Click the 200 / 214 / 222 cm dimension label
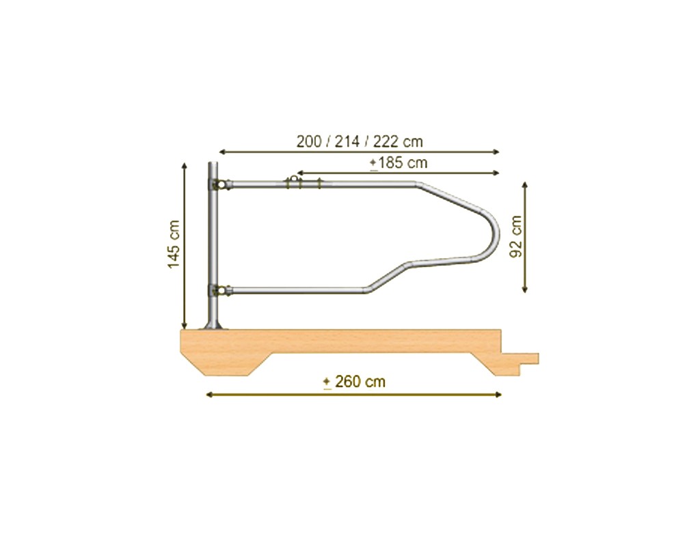[360, 142]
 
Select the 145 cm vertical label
[174, 244]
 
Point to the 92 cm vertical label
[516, 237]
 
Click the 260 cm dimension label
[355, 382]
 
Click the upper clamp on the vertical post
[218, 184]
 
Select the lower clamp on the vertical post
[218, 291]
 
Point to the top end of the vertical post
[213, 164]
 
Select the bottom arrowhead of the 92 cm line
[525, 290]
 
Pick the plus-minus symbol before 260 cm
[327, 382]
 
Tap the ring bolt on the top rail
[294, 180]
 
